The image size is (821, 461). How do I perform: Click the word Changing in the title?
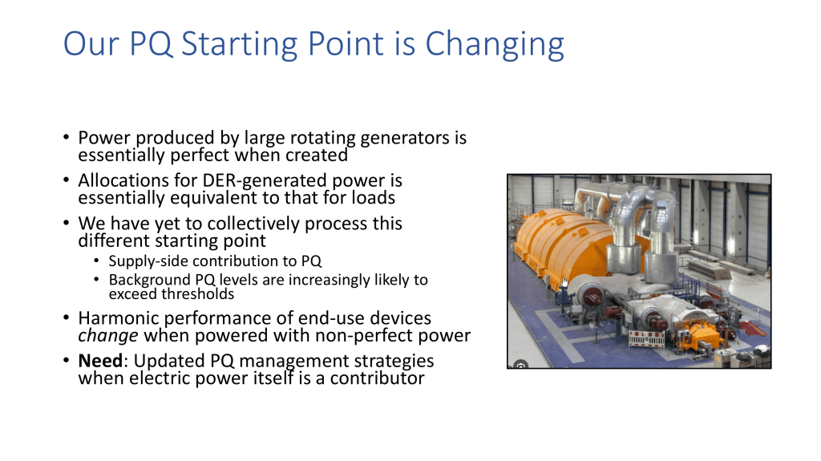point(494,45)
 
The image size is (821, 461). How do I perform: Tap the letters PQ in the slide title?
point(151,43)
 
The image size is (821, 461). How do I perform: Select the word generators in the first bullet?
point(405,138)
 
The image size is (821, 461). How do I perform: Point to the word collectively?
point(253,224)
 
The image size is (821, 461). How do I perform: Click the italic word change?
point(108,336)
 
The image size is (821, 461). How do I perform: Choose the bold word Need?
point(100,361)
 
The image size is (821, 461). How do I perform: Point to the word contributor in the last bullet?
point(377,378)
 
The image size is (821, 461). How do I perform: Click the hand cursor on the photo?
point(564,282)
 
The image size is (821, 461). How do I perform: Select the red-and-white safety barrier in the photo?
point(646,338)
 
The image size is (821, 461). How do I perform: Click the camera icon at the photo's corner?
point(520,365)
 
